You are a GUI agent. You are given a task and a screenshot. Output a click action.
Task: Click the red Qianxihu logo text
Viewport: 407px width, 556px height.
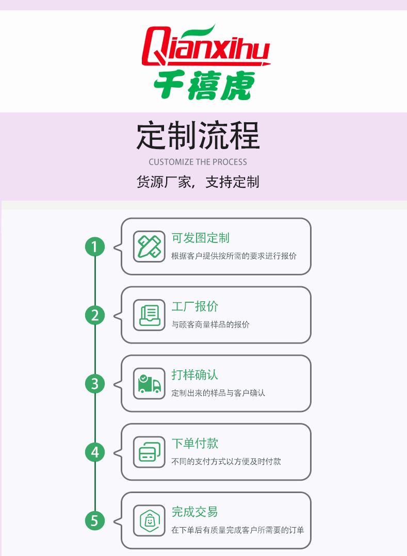[x=206, y=45]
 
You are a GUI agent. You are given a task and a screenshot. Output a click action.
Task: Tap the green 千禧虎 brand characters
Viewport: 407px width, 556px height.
[x=204, y=85]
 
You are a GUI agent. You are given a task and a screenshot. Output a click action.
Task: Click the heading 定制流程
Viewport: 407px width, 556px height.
[x=198, y=136]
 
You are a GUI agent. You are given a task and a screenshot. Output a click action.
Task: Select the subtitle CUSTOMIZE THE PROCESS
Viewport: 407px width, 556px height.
[x=198, y=162]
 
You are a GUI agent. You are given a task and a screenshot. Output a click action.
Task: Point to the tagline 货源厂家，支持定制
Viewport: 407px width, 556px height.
[x=198, y=182]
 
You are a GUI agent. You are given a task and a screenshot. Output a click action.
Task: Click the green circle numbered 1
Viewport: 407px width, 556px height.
[x=95, y=247]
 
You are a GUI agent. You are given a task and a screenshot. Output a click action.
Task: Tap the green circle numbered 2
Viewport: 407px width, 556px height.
[x=95, y=315]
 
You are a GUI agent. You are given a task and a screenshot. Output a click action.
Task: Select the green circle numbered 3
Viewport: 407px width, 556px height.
[x=95, y=384]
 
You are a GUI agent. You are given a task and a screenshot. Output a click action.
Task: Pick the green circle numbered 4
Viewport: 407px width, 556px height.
[x=95, y=452]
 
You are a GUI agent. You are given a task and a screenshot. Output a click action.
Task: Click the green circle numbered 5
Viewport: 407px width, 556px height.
[x=95, y=521]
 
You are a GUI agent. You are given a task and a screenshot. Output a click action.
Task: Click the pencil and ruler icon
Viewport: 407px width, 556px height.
[x=149, y=247]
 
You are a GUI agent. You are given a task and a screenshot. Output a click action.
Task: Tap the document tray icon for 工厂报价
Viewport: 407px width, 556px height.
[x=149, y=315]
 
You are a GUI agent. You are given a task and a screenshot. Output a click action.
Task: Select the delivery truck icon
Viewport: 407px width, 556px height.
[x=149, y=384]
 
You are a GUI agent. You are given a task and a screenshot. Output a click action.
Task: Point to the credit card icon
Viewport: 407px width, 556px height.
[x=149, y=452]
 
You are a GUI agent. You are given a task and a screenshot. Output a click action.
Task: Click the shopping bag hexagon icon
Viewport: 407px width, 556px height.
[x=149, y=520]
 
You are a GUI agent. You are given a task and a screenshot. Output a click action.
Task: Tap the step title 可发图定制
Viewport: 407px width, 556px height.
[x=201, y=238]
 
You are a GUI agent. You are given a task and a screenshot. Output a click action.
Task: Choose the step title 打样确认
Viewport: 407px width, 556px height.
[x=195, y=375]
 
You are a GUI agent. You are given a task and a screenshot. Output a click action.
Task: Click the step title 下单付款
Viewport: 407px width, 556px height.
[x=195, y=443]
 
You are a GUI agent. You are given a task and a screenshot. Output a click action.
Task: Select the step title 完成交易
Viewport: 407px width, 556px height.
[x=195, y=512]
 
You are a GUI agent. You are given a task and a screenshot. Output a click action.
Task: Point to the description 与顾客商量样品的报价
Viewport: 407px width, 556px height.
[x=210, y=324]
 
